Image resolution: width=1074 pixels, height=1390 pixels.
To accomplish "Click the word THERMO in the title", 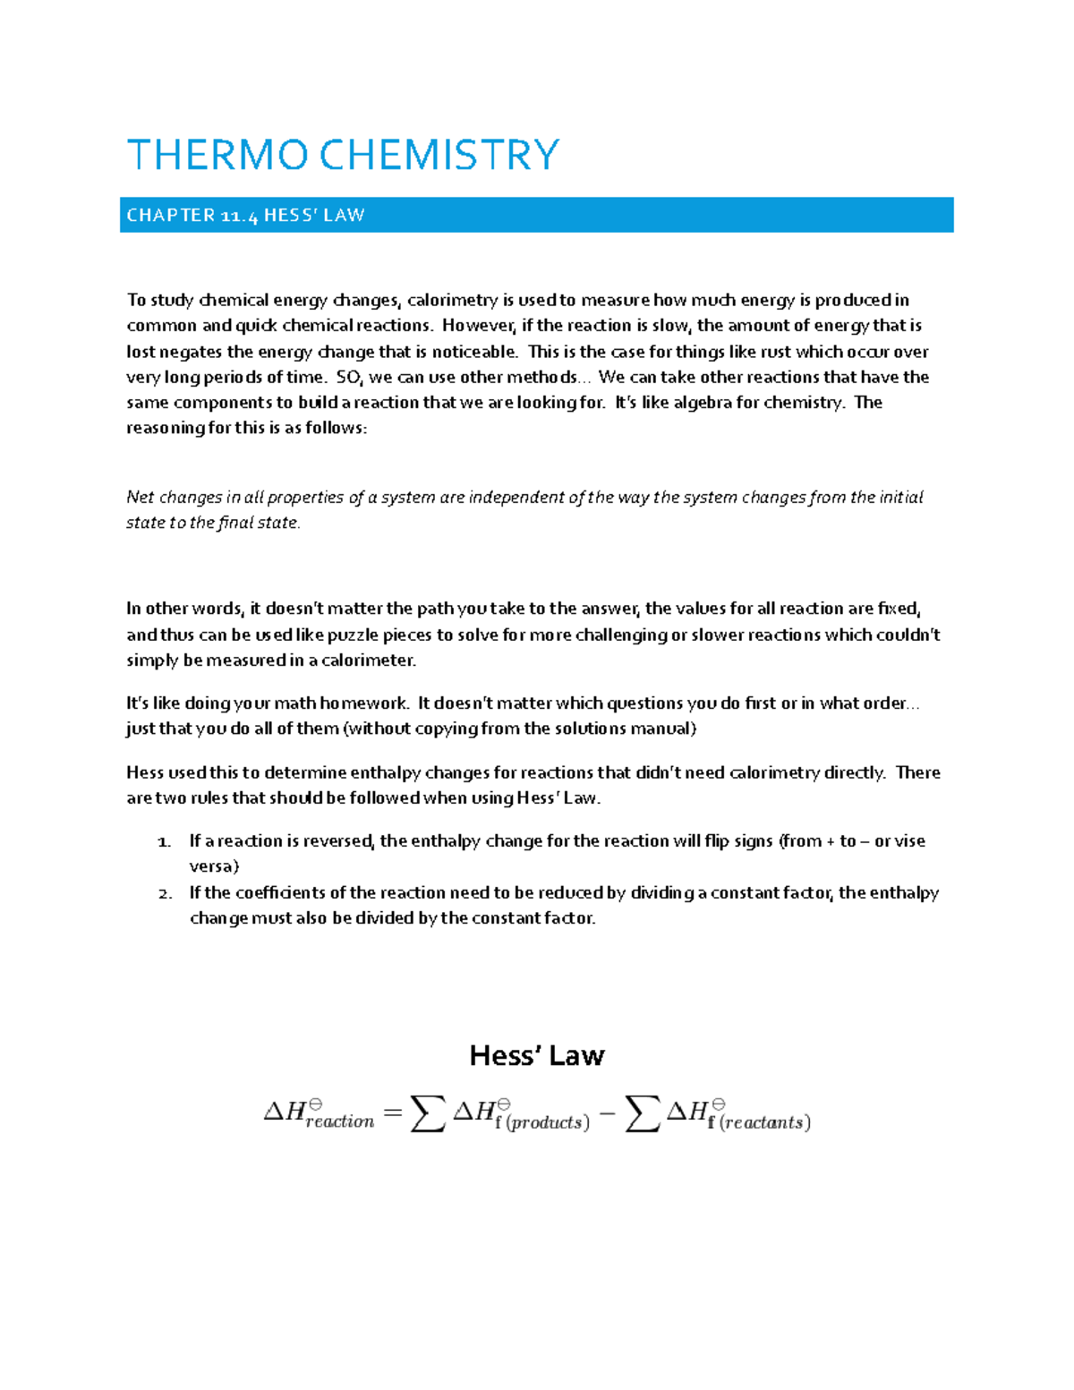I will point(217,155).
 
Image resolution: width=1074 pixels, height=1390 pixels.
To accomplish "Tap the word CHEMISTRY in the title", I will point(439,155).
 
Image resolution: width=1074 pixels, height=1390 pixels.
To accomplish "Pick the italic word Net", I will point(141,498).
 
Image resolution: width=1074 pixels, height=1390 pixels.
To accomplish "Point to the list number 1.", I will point(164,842).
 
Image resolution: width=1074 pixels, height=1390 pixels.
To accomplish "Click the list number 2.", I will point(165,894).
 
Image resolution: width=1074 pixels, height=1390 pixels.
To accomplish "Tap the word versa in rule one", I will point(211,866).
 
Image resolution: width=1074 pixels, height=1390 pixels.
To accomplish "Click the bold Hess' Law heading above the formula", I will point(537,1056).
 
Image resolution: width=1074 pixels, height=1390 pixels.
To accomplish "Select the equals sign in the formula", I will point(392,1113).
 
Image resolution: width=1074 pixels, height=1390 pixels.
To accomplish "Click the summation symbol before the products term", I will point(428,1113).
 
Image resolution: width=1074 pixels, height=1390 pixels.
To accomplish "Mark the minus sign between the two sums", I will point(607,1114).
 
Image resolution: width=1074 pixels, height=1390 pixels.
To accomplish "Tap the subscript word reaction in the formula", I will point(340,1121).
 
